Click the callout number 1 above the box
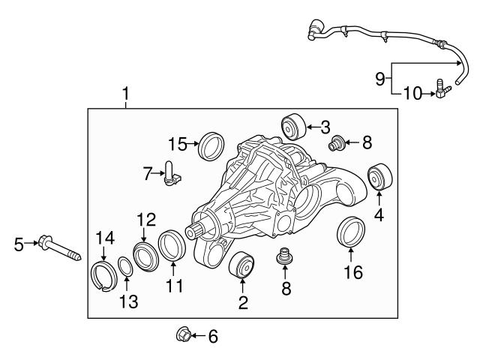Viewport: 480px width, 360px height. [x=125, y=94]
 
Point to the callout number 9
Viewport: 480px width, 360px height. [x=379, y=76]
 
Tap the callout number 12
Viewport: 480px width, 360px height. [x=145, y=219]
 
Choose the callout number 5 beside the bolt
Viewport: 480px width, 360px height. [x=19, y=244]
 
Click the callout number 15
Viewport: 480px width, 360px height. [x=177, y=142]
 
